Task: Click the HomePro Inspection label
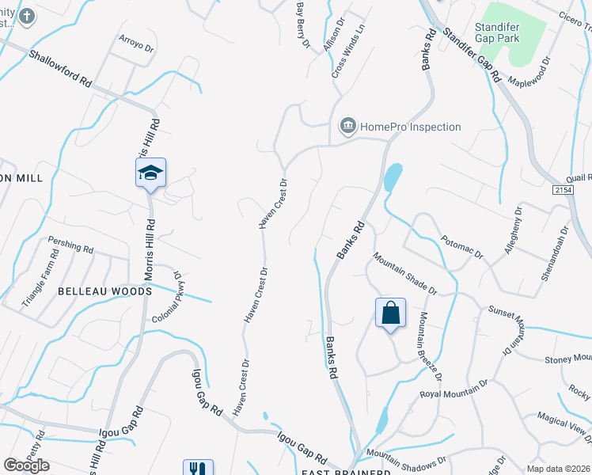tap(410, 127)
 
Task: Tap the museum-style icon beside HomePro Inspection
tap(347, 126)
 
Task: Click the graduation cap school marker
tap(150, 173)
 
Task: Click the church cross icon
tap(26, 16)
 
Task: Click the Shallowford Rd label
tap(61, 70)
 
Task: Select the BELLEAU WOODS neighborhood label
tap(104, 291)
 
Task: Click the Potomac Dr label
tap(461, 246)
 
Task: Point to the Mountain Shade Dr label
tap(405, 274)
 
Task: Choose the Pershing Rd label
tap(70, 244)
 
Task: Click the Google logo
tap(26, 465)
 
